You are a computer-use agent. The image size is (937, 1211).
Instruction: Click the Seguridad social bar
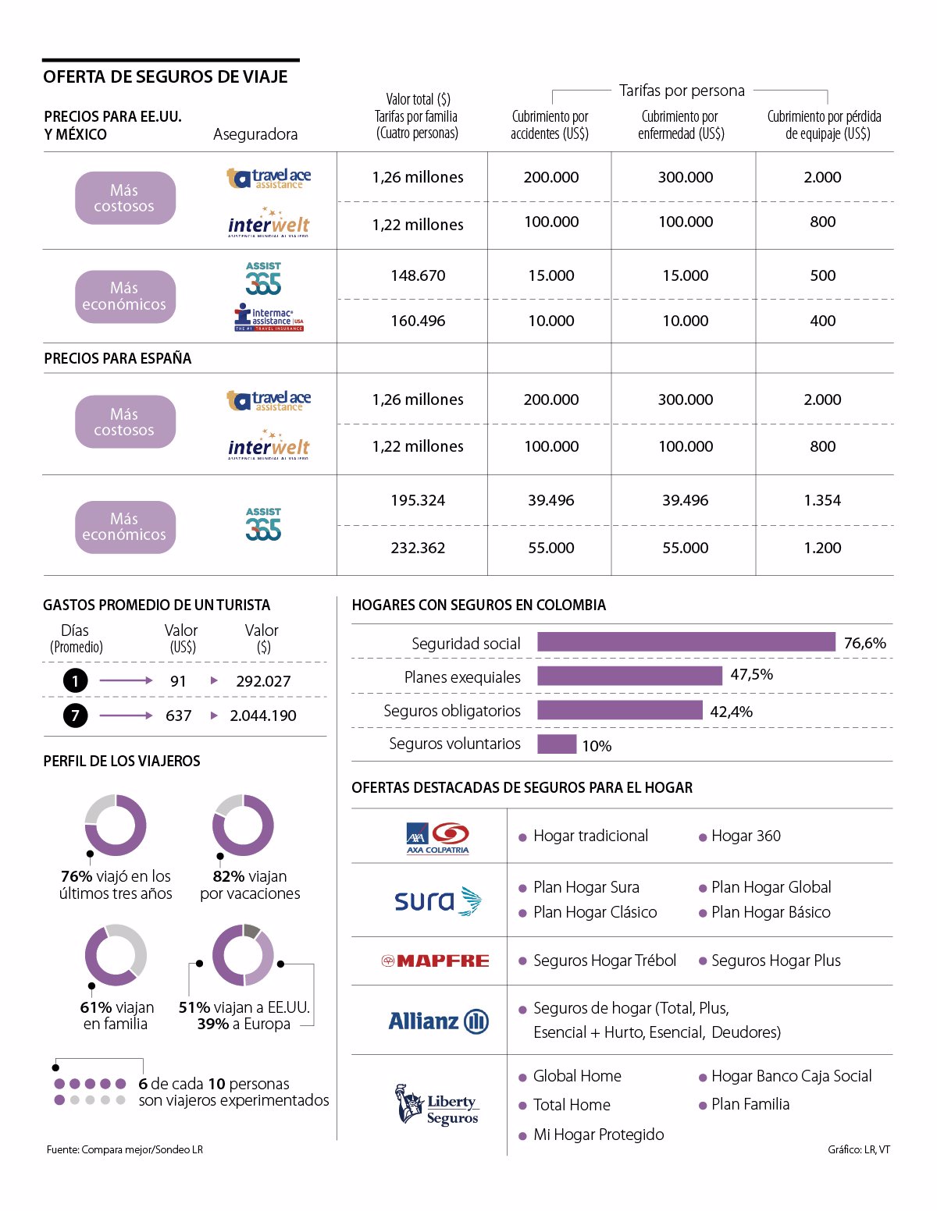pos(686,642)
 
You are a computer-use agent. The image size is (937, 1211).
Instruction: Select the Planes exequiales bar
pos(629,676)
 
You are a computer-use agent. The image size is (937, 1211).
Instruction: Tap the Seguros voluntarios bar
pos(556,744)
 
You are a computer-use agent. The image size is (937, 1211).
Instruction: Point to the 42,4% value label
pos(731,712)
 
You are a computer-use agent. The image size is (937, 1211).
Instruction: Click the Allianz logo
pos(438,1021)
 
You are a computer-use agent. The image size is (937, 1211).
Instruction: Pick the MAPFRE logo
pos(435,961)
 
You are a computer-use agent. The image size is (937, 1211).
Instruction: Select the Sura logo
pos(437,901)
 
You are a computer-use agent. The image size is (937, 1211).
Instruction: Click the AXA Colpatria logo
pos(437,838)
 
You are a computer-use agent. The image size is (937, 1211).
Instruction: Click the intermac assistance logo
pos(269,318)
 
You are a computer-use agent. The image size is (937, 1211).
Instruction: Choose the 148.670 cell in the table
pos(418,275)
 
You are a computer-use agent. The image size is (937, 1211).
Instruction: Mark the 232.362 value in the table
pos(418,548)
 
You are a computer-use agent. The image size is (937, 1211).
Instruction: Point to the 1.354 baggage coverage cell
pos(822,500)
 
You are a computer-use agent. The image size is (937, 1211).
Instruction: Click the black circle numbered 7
pos(75,716)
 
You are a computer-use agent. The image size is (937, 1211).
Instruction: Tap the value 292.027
pos(263,681)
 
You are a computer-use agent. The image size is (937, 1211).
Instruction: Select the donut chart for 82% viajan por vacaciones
pos(243,826)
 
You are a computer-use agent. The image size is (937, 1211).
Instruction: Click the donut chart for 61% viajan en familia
pos(116,955)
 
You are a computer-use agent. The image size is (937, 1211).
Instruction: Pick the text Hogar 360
pos(746,836)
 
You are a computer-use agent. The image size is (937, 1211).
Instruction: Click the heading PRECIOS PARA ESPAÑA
pos(118,358)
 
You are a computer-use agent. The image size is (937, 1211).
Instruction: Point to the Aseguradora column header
pos(255,134)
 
